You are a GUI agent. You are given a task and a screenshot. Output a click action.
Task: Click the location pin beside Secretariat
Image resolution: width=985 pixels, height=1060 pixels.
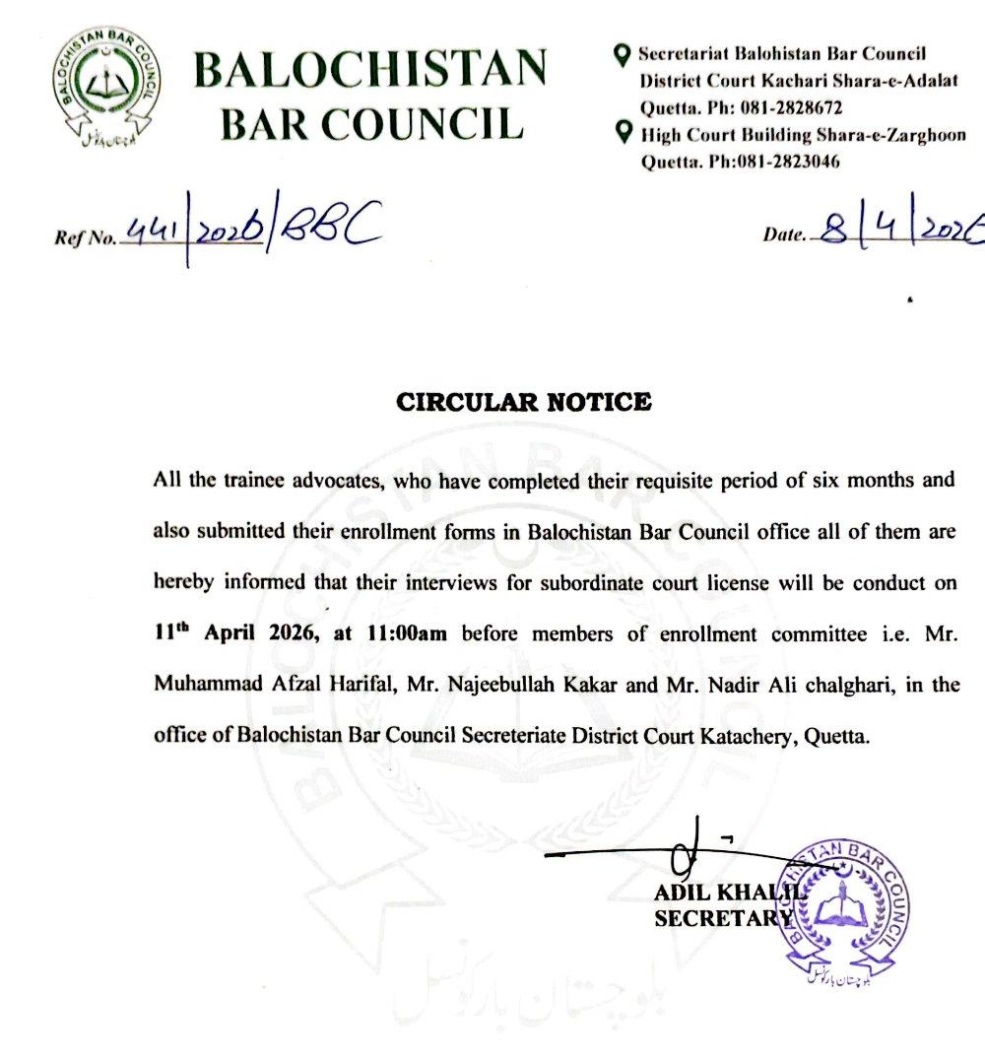click(x=623, y=55)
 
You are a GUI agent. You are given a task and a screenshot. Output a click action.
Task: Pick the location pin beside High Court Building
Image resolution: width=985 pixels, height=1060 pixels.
click(x=623, y=132)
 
